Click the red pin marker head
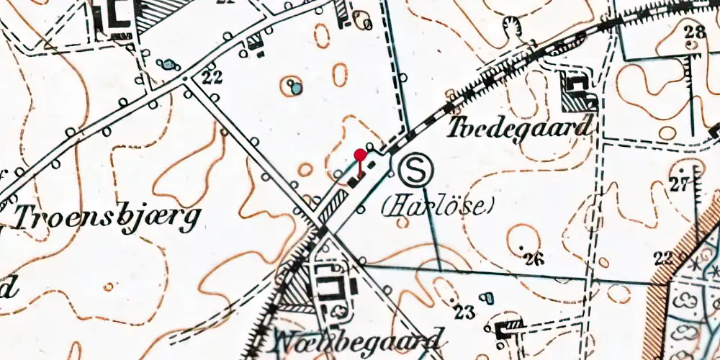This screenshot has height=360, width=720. [x=361, y=153]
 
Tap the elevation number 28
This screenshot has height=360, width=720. [x=695, y=31]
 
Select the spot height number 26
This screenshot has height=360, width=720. [x=534, y=259]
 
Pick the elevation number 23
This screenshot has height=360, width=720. [x=465, y=312]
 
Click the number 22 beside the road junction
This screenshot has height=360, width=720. [x=211, y=77]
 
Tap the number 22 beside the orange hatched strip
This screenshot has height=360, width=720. [x=663, y=258]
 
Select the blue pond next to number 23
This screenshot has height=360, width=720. [x=487, y=297]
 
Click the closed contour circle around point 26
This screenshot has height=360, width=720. [x=523, y=238]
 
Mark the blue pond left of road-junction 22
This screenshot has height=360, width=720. [x=168, y=65]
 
